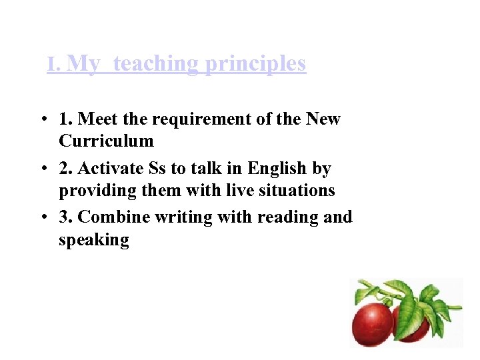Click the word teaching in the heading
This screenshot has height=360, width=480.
155,64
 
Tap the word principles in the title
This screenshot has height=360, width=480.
255,64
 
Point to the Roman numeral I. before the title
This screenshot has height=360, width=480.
55,65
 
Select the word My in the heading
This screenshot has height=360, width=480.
84,64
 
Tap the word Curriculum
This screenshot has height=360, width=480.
106,141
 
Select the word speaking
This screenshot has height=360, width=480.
93,240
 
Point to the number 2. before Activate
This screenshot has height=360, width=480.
65,169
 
